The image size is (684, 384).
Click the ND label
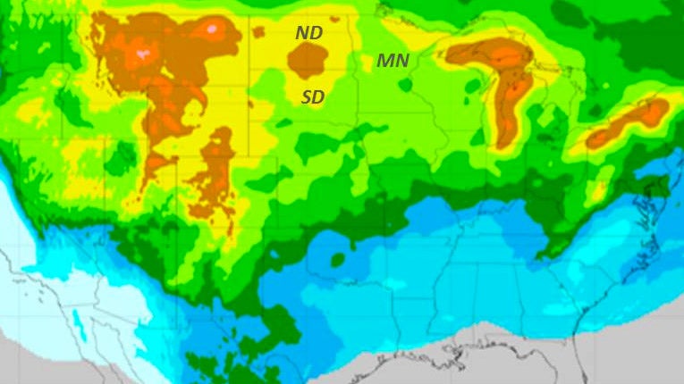click(309, 33)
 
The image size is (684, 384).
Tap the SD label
click(313, 96)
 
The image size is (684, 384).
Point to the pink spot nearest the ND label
click(211, 29)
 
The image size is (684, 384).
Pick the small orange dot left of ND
click(258, 33)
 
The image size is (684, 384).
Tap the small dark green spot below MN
click(405, 86)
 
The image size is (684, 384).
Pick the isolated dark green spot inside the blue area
click(338, 260)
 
